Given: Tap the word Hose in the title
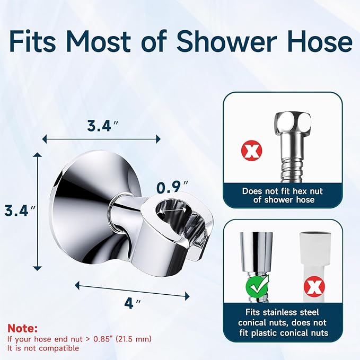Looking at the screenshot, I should pyautogui.click(x=319, y=42).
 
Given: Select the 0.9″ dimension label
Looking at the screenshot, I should pyautogui.click(x=172, y=187).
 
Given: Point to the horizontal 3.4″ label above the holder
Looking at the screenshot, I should pyautogui.click(x=101, y=126).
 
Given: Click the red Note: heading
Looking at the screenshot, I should pyautogui.click(x=22, y=329).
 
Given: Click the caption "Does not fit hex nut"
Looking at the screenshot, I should pyautogui.click(x=282, y=191).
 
